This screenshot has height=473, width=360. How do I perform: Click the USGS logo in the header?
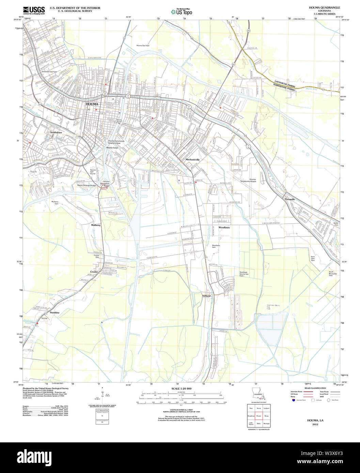pyautogui.click(x=34, y=10)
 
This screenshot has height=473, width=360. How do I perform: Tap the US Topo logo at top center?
pyautogui.click(x=182, y=12)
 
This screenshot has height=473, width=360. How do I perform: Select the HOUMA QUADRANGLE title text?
pyautogui.click(x=319, y=7)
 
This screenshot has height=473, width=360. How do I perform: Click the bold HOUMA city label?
pyautogui.click(x=92, y=104)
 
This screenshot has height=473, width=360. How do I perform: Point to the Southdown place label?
pyautogui.click(x=56, y=132)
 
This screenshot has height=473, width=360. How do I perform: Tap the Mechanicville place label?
pyautogui.click(x=192, y=159)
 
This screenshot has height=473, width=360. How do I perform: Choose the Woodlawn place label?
pyautogui.click(x=224, y=227)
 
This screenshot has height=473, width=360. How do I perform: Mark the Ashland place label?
pyautogui.click(x=206, y=296)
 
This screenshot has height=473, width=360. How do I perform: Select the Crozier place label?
pyautogui.click(x=94, y=272)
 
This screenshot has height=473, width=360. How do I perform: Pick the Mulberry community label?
pyautogui.click(x=96, y=225)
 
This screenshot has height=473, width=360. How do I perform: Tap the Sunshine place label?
pyautogui.click(x=54, y=312)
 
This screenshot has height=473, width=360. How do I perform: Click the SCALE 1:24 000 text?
pyautogui.click(x=181, y=389)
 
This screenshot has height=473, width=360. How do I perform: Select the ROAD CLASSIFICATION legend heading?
pyautogui.click(x=315, y=388)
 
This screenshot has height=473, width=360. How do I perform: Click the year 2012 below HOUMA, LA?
pyautogui.click(x=315, y=424)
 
